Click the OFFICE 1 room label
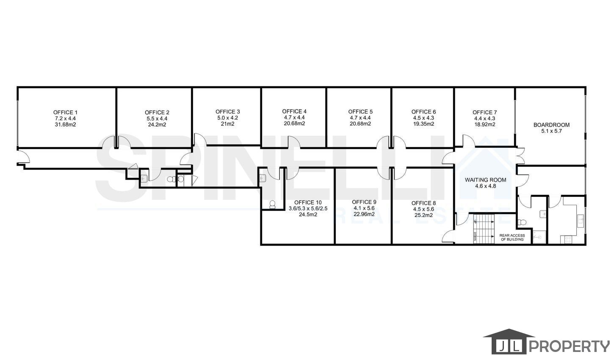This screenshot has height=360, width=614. [x=65, y=112]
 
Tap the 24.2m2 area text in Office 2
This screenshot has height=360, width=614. [x=157, y=125]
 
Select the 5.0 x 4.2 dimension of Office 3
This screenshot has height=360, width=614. [x=227, y=118]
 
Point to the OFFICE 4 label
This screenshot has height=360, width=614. [x=294, y=111]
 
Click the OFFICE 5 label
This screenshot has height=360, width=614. [x=360, y=111]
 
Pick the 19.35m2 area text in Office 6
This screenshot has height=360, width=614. [x=423, y=124]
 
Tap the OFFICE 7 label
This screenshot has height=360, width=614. [x=484, y=112]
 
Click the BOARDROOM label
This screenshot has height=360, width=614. [x=551, y=125]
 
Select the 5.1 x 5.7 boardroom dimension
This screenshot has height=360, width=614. [x=551, y=131]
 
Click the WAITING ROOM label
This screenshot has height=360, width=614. [x=485, y=180]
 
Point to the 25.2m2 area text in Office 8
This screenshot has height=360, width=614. [x=423, y=215]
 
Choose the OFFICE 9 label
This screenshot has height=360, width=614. [x=364, y=202]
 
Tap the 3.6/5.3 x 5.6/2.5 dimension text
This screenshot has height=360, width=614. [x=308, y=209]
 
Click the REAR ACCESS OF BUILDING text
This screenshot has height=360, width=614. [x=512, y=238]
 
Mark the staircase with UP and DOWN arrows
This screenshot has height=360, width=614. [x=484, y=228]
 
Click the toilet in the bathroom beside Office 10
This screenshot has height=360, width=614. [x=272, y=205]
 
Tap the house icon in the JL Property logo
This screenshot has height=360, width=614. [x=509, y=341]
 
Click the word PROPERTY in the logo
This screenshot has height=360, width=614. [x=569, y=346]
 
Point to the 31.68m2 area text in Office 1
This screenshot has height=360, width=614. [x=65, y=125]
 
